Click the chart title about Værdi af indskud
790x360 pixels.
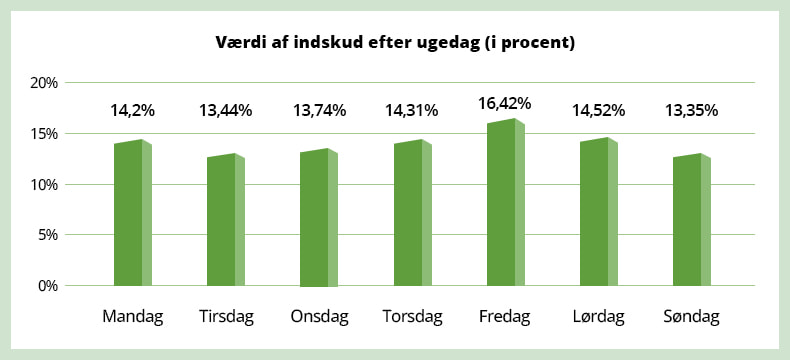coord(396,44)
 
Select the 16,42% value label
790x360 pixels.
coord(505,103)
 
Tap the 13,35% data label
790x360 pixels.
coord(691,111)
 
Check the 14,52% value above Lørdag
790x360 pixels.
coord(598,111)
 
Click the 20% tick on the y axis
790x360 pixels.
coord(45,83)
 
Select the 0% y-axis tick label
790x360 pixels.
coord(48,286)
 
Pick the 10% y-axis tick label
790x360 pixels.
coord(45,185)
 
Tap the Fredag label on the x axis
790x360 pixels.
coord(505,318)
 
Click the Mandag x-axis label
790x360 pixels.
coord(133,318)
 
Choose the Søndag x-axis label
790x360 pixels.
coord(691,318)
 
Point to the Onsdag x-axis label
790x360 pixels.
coord(319,318)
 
